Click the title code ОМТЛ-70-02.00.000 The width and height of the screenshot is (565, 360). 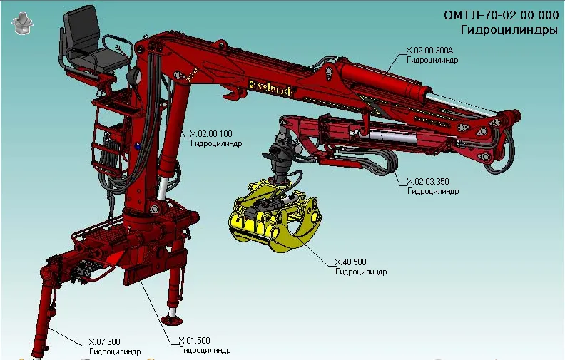(x=502, y=15)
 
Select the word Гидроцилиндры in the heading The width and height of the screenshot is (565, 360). (x=509, y=29)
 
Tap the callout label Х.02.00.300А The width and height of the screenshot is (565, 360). (x=430, y=50)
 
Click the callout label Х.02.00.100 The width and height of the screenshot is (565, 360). (x=211, y=134)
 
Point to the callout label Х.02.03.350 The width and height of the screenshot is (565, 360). (x=428, y=182)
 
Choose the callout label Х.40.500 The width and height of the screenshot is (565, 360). (x=350, y=262)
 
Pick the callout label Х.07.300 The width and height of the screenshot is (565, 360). (x=104, y=342)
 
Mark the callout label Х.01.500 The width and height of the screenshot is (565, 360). (x=194, y=341)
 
